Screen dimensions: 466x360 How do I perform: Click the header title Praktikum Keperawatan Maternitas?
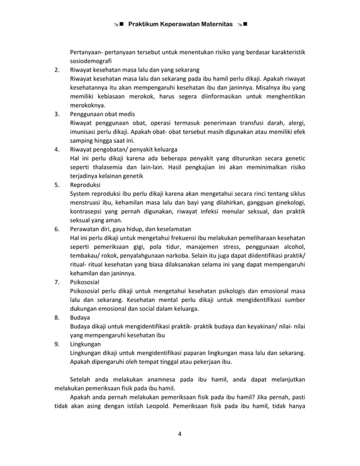pos(180,25)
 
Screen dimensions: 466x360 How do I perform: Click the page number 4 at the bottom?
pos(179,434)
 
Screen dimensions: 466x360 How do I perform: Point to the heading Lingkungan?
pos(86,344)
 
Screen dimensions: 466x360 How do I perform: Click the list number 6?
pos(57,229)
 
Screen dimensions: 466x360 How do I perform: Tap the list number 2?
pos(57,70)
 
